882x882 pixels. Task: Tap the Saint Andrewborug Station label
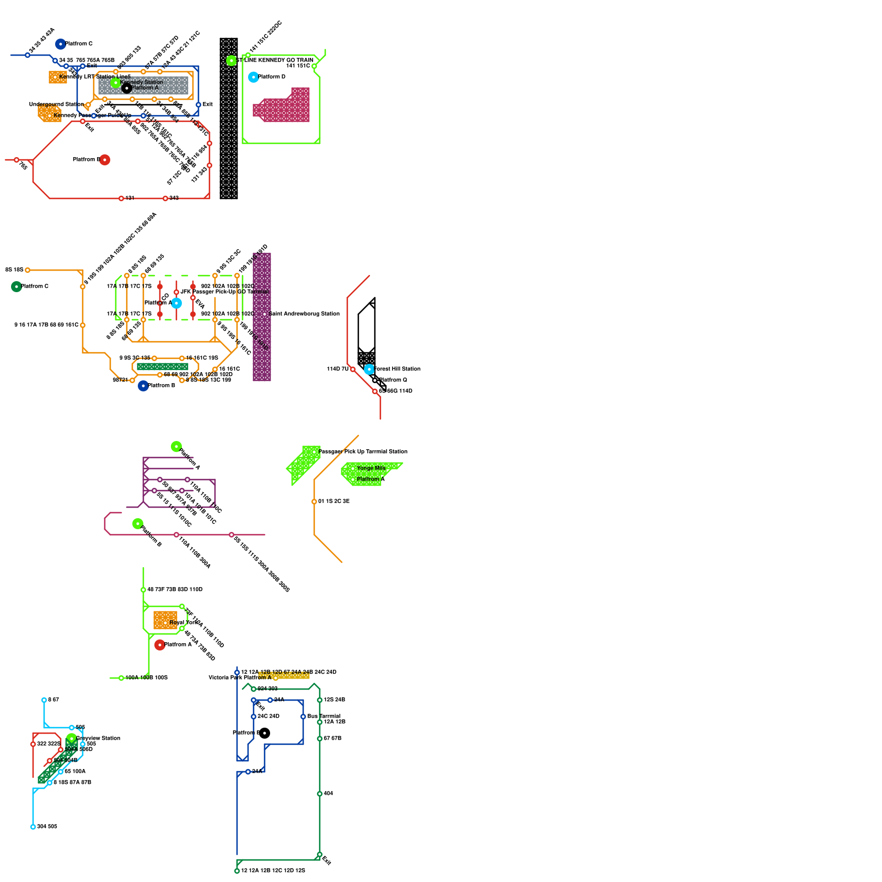(304, 314)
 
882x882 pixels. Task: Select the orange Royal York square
(165, 620)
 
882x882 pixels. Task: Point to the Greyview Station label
(98, 738)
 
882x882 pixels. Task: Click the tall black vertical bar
(229, 118)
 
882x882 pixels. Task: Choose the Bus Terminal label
(324, 716)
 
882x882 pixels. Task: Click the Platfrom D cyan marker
(254, 77)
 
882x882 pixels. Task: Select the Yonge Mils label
(371, 468)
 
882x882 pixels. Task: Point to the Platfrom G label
(393, 380)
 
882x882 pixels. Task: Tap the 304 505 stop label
(47, 826)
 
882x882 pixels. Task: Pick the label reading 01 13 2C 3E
(334, 501)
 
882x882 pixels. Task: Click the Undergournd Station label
(56, 104)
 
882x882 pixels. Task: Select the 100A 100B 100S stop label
(146, 677)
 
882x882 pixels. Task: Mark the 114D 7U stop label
(337, 369)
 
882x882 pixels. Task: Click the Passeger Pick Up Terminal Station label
(363, 451)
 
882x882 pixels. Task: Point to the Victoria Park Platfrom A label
(240, 677)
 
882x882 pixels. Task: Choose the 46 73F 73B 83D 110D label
(175, 589)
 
